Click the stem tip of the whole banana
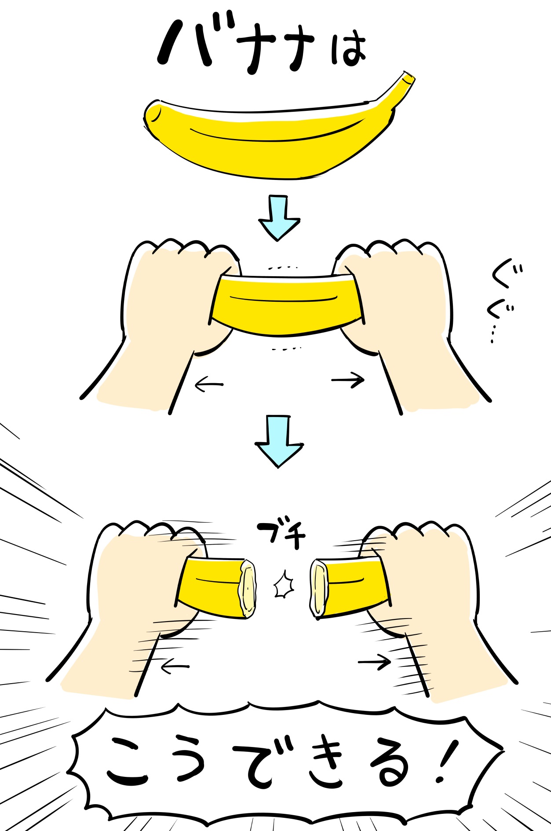tap(409, 78)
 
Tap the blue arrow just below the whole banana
tap(279, 218)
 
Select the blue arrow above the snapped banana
tap(279, 441)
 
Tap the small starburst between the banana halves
tap(284, 586)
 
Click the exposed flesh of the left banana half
tap(248, 588)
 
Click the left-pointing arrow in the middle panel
tap(209, 385)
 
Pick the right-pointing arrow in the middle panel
tap(348, 380)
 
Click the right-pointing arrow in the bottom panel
tap(375, 662)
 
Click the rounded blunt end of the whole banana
tap(152, 116)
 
